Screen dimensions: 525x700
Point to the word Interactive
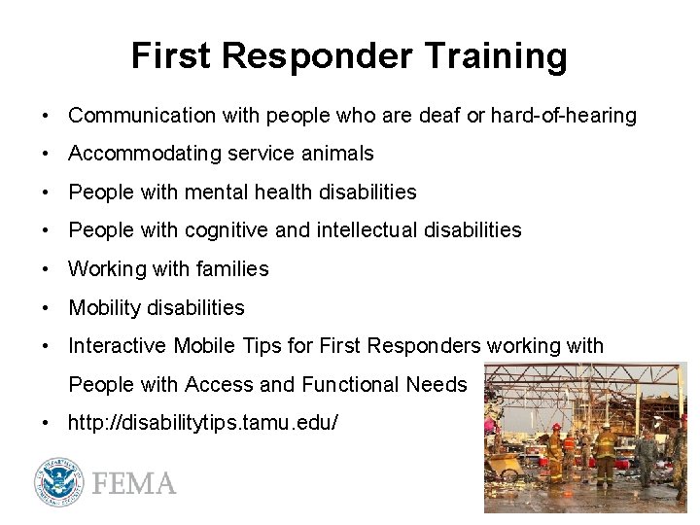coord(118,346)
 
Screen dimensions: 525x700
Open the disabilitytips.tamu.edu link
coord(203,423)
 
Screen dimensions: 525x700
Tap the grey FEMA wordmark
coord(134,483)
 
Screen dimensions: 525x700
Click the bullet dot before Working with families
coord(46,269)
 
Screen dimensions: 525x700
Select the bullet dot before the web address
coord(46,423)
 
